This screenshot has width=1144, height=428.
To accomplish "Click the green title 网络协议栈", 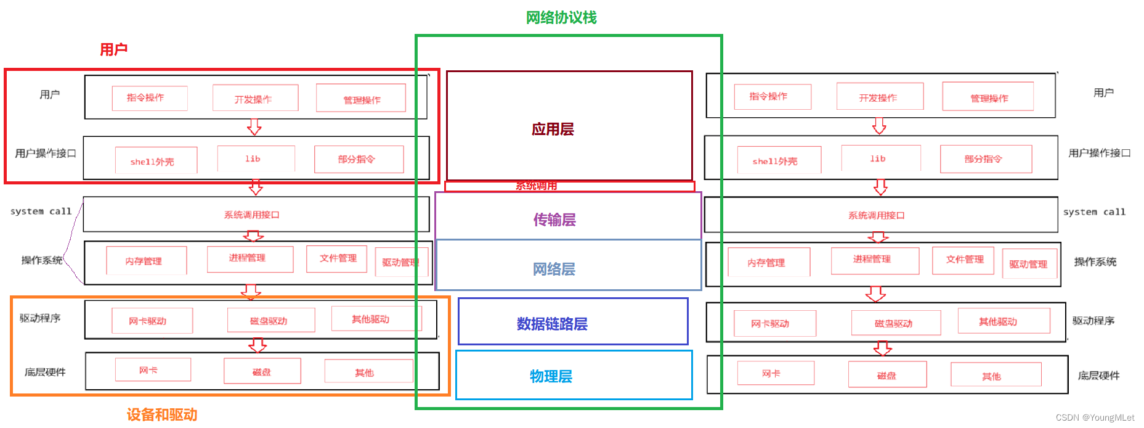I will click(x=561, y=18).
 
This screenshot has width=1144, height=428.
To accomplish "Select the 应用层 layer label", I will click(x=553, y=130).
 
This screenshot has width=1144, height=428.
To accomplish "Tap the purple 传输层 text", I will click(x=554, y=220).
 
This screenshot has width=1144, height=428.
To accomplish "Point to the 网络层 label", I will click(x=554, y=269).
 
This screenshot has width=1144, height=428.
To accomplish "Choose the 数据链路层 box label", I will click(x=552, y=324).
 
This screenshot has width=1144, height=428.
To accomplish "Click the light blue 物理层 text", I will click(x=551, y=376).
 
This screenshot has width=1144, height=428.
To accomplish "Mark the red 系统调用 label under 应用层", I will click(x=536, y=186).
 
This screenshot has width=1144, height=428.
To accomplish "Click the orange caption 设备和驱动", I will click(x=161, y=414).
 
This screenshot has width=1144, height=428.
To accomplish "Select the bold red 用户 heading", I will click(x=113, y=49).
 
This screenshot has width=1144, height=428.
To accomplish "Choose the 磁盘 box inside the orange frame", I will click(x=262, y=371).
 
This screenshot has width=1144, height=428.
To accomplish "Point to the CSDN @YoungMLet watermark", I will click(x=1095, y=418).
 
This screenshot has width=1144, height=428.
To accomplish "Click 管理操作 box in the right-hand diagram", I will click(x=988, y=97).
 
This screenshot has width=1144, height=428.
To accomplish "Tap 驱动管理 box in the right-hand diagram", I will click(x=1029, y=264).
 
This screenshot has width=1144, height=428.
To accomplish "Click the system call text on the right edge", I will click(x=1094, y=212).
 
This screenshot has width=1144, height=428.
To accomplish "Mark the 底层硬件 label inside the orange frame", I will click(x=45, y=372).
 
